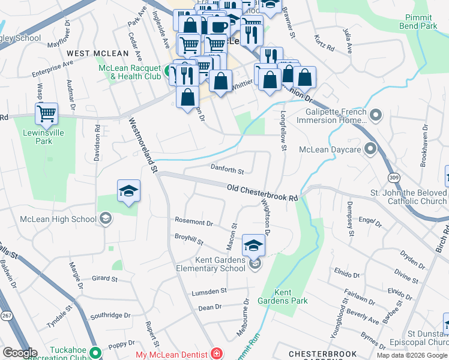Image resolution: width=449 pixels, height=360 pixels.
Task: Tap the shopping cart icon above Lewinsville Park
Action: coord(46,113)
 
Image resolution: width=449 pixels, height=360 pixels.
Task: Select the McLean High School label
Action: coord(58,219)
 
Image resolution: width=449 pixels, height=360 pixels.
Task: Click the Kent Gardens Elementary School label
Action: coord(220,264)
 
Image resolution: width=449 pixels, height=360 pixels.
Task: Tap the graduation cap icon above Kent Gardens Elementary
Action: coord(253,245)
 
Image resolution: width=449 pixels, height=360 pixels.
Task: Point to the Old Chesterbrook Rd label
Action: coord(262,193)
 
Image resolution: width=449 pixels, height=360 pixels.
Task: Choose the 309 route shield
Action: coord(393,178)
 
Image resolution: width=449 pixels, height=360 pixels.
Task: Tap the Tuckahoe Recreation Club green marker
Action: coord(95,352)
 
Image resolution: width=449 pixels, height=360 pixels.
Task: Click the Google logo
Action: coord(20,353)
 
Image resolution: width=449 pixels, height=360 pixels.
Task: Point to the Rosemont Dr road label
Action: coord(193,222)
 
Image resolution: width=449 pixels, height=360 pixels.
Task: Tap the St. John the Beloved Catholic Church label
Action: coord(408,197)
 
